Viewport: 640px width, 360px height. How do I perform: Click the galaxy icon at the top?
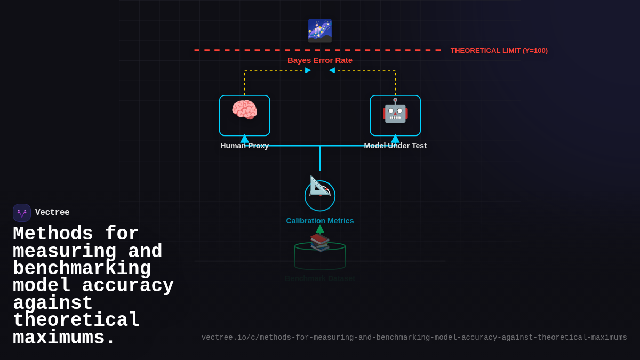(x=320, y=31)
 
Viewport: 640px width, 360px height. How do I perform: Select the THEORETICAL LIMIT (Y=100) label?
(x=499, y=51)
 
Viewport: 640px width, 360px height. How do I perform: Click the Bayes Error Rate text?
(x=320, y=60)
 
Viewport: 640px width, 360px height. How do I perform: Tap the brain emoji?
(x=244, y=110)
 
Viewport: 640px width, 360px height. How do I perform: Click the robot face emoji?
(x=395, y=111)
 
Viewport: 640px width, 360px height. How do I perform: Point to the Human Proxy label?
(x=244, y=146)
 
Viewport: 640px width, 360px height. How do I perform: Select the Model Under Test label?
(x=395, y=146)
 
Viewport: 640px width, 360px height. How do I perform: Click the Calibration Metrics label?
(x=320, y=221)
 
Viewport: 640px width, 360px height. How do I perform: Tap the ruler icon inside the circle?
(x=319, y=186)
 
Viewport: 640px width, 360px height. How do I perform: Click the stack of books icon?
(x=320, y=242)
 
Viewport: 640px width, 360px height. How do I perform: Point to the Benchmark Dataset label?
(x=320, y=278)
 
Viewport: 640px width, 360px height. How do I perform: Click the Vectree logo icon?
(x=22, y=213)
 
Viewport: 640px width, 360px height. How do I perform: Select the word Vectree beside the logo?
(x=52, y=213)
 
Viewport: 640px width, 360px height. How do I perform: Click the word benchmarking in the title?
(x=82, y=269)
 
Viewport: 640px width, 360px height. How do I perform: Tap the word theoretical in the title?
(x=76, y=321)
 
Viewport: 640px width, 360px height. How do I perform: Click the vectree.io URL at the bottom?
(x=414, y=338)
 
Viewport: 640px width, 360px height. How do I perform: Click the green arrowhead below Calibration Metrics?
(x=320, y=229)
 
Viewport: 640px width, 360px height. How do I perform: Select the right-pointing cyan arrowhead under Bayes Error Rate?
(x=308, y=70)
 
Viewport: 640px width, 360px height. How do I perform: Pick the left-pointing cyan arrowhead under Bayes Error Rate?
(x=332, y=70)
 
